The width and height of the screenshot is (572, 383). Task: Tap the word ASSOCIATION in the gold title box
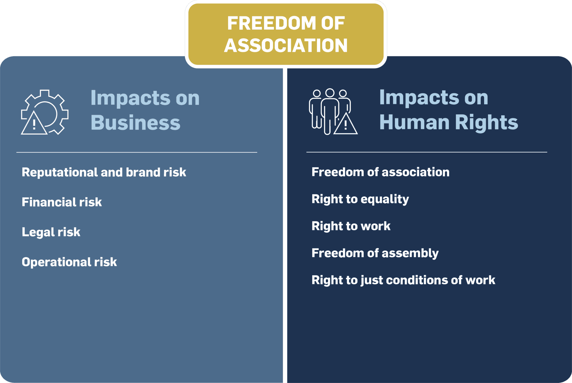point(286,46)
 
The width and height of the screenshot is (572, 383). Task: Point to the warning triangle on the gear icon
point(34,124)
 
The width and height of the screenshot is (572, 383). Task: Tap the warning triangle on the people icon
point(345,124)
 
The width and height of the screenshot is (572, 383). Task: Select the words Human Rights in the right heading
point(448,122)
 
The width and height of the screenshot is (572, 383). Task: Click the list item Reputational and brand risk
point(104,172)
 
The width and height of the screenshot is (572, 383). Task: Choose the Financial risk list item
point(62,202)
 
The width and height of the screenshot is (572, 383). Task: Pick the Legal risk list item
point(51,232)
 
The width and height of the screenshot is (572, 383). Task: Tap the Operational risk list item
point(69,262)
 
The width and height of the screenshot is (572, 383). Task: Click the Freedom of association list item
point(380,172)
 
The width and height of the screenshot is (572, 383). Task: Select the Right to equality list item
point(360,199)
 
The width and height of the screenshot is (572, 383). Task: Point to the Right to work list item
point(351,226)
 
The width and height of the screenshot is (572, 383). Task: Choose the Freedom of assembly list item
point(375,253)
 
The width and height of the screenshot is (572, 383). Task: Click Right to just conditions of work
point(403,280)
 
